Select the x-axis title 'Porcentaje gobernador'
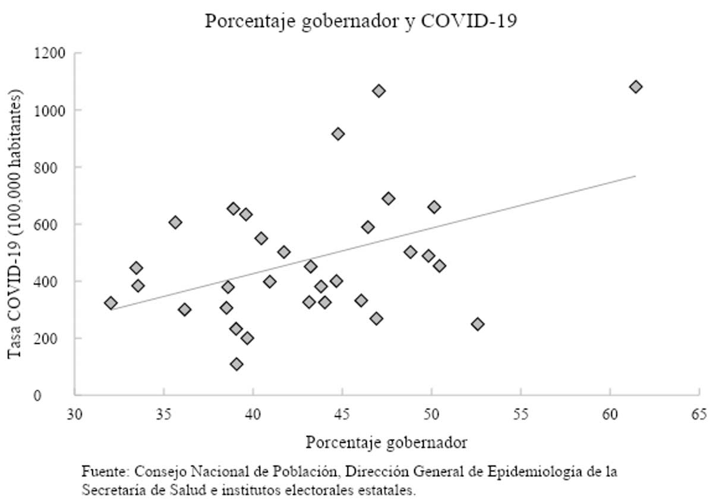point(386,442)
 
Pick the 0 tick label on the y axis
point(62,395)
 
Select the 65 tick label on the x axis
point(699,414)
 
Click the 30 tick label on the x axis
point(74,414)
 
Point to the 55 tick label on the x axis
point(520,414)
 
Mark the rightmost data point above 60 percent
point(636,87)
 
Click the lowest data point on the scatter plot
point(236,364)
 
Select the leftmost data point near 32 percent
point(111,303)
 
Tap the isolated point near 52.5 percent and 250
point(478,324)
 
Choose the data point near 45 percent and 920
point(338,134)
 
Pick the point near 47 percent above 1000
point(378,91)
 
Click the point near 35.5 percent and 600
point(175,223)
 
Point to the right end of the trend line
point(636,176)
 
